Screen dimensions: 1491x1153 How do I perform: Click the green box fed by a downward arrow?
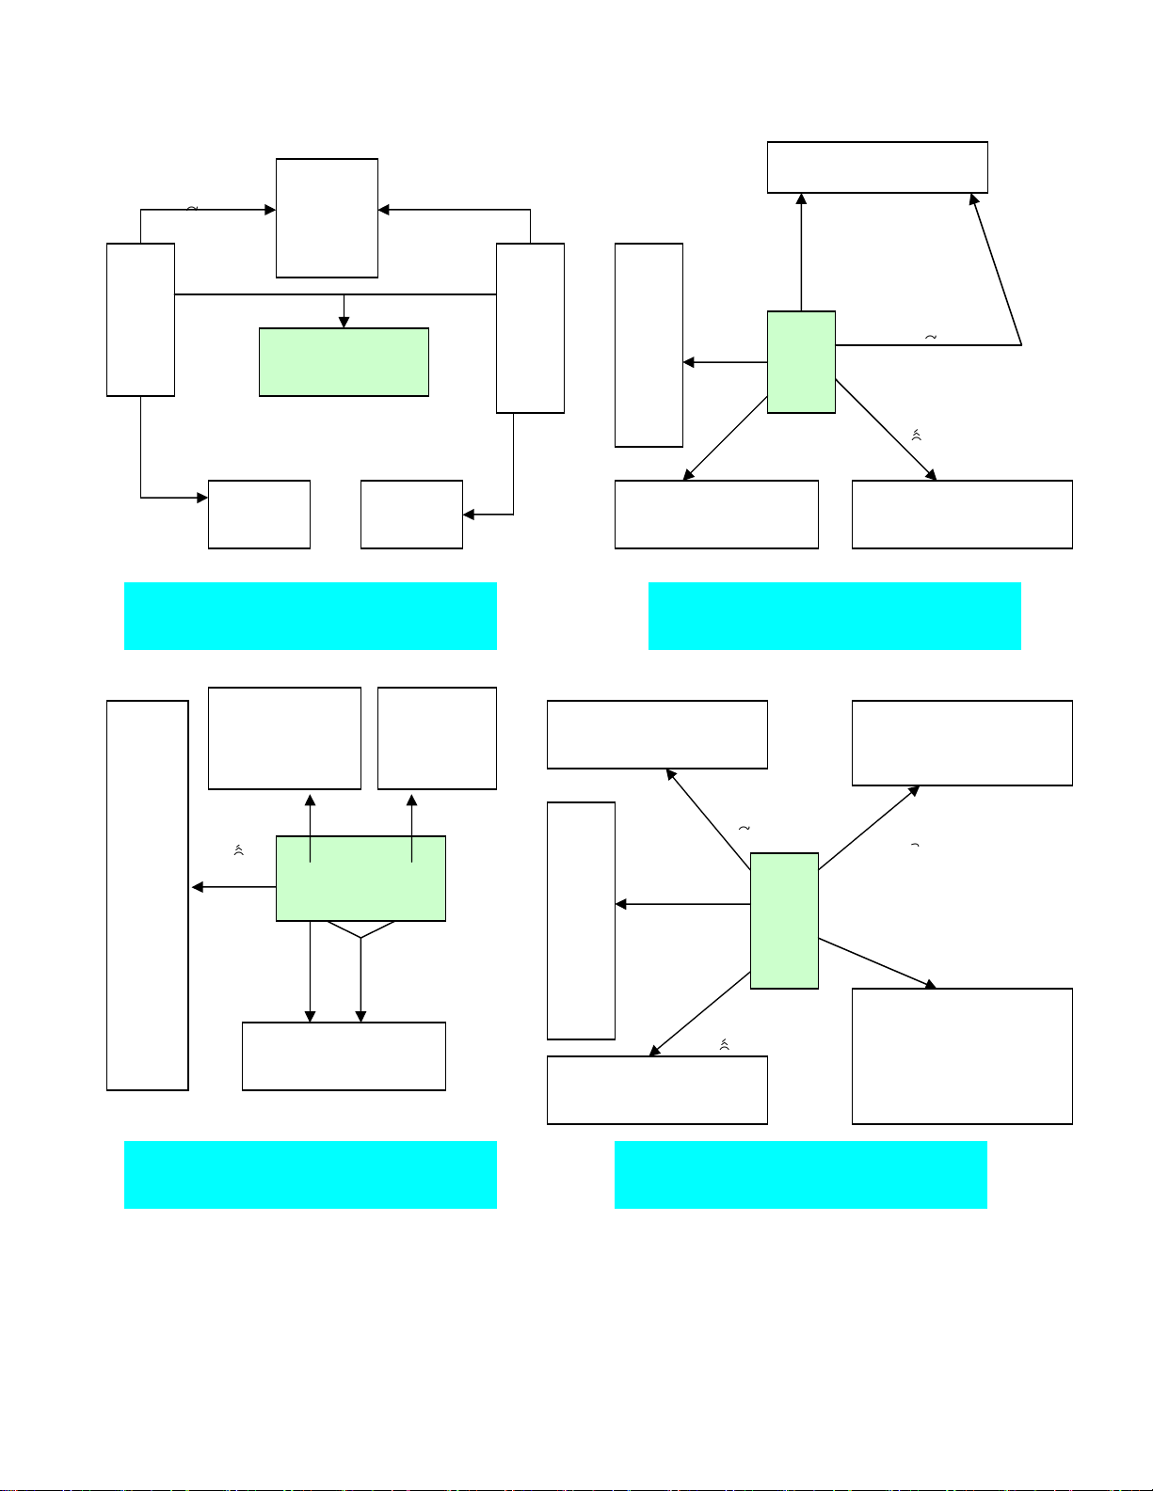click(344, 362)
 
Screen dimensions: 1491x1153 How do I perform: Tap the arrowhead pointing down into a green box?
click(344, 322)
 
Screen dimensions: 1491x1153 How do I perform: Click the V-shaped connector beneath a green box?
click(360, 930)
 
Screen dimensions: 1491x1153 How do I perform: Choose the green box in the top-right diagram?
click(801, 362)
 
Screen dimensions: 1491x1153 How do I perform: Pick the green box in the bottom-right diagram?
click(784, 921)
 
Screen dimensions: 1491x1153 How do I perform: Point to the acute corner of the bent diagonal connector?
click(1019, 344)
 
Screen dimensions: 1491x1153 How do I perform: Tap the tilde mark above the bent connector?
click(931, 337)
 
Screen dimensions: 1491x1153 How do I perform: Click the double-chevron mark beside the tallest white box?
click(239, 850)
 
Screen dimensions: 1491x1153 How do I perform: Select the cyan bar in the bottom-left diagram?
click(311, 1175)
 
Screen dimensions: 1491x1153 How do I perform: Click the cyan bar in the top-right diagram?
click(835, 616)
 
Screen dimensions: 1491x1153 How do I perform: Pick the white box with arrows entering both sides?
click(327, 218)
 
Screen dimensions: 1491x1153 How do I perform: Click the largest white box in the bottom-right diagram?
click(962, 1055)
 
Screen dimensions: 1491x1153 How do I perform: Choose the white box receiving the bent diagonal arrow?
click(877, 167)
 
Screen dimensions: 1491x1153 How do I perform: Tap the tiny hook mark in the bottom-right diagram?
click(915, 847)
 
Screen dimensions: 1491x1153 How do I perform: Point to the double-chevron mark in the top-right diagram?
click(916, 435)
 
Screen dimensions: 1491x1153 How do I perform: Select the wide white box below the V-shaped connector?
click(344, 1056)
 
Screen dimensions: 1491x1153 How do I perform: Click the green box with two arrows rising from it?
click(360, 879)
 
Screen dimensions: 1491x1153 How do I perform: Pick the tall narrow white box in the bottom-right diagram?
click(581, 921)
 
